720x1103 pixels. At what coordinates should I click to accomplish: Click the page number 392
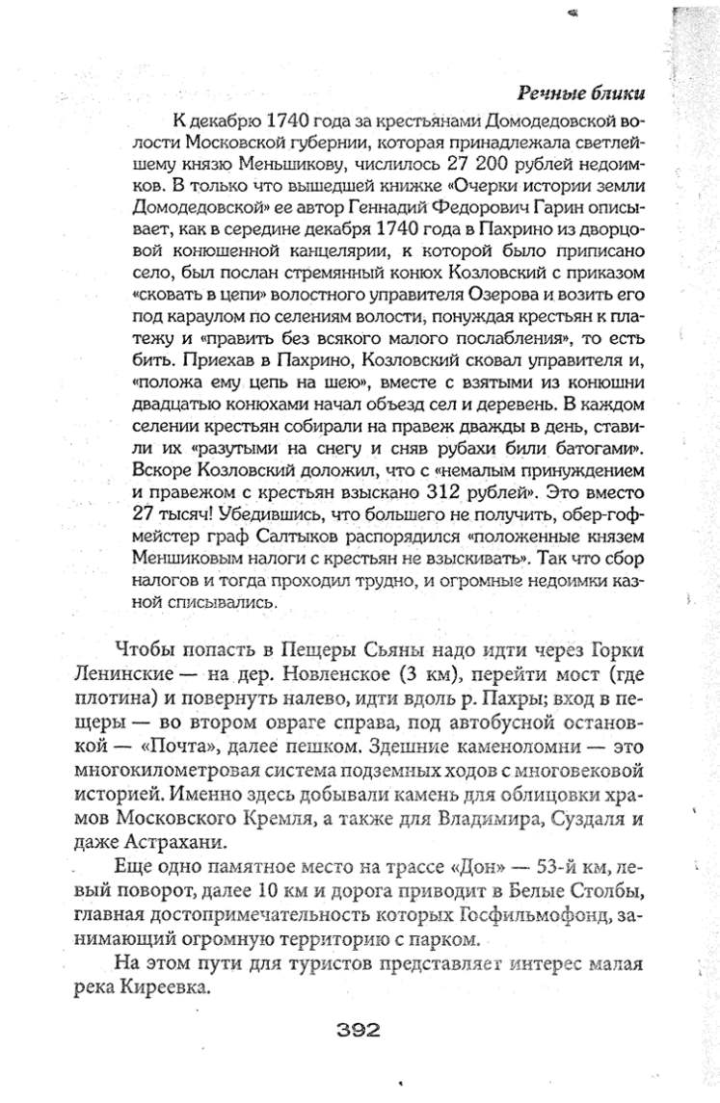[360, 1027]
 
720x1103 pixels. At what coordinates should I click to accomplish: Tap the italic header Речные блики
[580, 92]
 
